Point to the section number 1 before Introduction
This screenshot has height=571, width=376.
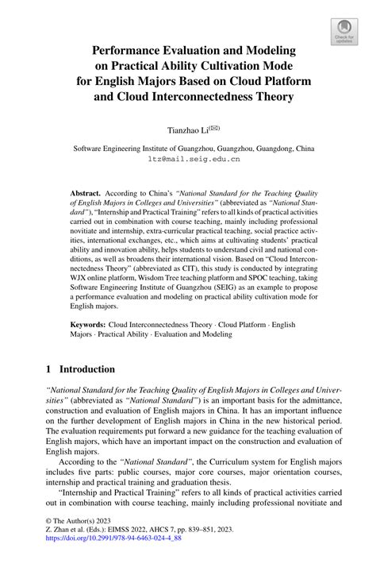click(x=49, y=369)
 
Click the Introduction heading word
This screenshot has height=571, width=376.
click(x=88, y=369)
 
